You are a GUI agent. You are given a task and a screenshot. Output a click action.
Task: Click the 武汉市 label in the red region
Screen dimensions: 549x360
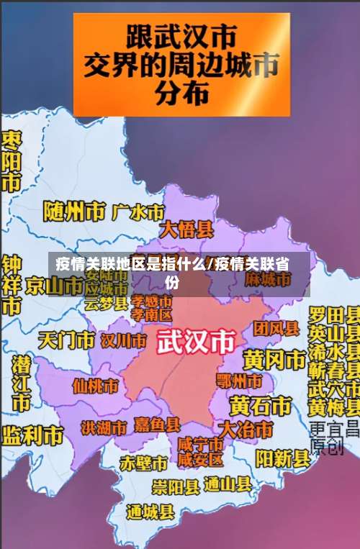pyautogui.click(x=196, y=341)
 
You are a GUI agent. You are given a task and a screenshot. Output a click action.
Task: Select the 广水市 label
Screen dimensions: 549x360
pyautogui.click(x=138, y=212)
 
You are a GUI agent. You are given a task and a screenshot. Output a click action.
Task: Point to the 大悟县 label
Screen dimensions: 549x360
pyautogui.click(x=186, y=230)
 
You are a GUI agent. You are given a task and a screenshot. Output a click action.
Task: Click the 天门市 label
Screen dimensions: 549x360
pyautogui.click(x=66, y=339)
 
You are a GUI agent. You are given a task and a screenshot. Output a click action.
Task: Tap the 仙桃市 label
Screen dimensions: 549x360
pyautogui.click(x=95, y=386)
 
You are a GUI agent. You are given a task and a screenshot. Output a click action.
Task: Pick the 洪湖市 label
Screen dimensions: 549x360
pyautogui.click(x=104, y=427)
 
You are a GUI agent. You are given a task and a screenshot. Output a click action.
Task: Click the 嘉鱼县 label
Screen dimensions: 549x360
pyautogui.click(x=156, y=425)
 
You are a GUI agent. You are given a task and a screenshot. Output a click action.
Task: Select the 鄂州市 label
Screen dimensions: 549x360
pyautogui.click(x=239, y=379)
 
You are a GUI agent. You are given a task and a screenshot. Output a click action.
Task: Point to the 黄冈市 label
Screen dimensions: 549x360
pyautogui.click(x=274, y=358)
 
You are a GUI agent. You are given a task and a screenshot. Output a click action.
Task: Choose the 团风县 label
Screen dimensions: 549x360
pyautogui.click(x=276, y=329)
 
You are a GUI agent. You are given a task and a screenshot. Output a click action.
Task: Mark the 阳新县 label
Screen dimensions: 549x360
pyautogui.click(x=282, y=458)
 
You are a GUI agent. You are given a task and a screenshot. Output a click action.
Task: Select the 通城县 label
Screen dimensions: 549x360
pyautogui.click(x=150, y=512)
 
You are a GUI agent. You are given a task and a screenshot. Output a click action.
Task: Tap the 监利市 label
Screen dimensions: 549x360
pyautogui.click(x=32, y=435)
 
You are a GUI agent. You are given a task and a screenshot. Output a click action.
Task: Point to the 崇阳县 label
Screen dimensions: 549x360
pyautogui.click(x=176, y=486)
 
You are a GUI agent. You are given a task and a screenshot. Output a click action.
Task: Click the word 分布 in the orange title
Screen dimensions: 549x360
pyautogui.click(x=183, y=91)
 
